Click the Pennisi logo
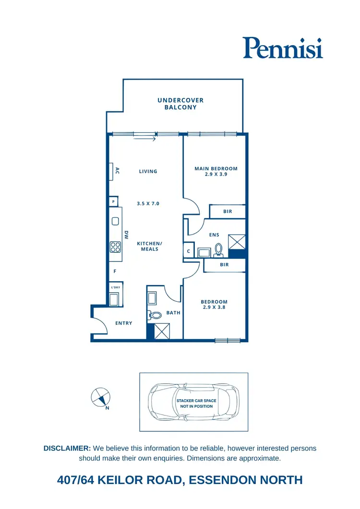click(x=282, y=48)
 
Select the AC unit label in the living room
click(x=117, y=171)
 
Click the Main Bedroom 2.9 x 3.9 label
click(x=216, y=172)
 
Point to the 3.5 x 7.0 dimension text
click(x=148, y=204)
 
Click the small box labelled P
click(x=113, y=202)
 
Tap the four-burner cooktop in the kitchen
click(x=115, y=247)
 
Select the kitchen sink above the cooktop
click(x=115, y=222)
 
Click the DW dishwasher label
click(x=127, y=235)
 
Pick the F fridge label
click(x=115, y=272)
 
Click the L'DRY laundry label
click(x=115, y=287)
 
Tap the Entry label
click(x=124, y=323)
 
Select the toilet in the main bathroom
click(x=156, y=315)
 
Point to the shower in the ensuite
click(x=237, y=242)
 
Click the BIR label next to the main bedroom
click(x=228, y=212)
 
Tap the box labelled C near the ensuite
click(x=189, y=251)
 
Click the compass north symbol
click(x=100, y=397)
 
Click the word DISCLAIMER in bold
click(x=67, y=448)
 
